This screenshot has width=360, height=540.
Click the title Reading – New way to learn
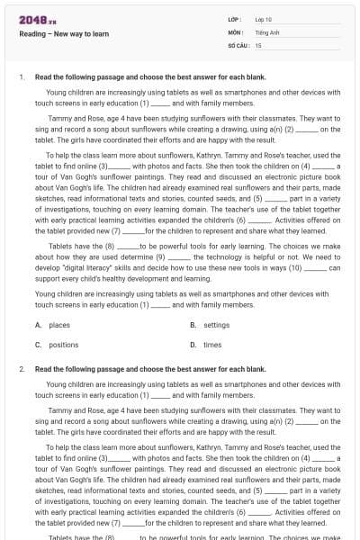[x=62, y=34]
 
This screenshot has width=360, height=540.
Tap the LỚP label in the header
[x=234, y=19]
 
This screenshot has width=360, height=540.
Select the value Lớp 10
[x=265, y=19]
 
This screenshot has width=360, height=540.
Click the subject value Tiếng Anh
[x=267, y=31]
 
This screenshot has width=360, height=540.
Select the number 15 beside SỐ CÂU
[x=258, y=44]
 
